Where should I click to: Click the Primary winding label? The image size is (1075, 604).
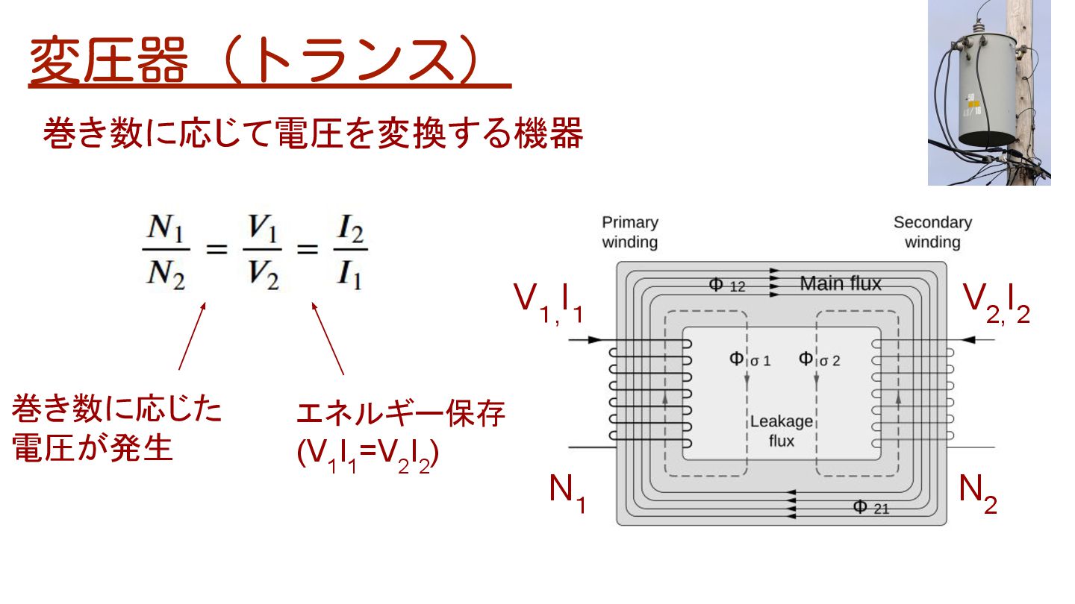click(x=630, y=232)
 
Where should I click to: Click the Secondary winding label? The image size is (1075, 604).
click(x=932, y=232)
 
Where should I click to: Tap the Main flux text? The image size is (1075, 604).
click(x=840, y=283)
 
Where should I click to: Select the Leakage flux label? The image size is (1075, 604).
click(x=781, y=431)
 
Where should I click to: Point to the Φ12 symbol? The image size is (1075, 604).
click(x=726, y=285)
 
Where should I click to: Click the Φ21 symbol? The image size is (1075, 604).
click(x=870, y=508)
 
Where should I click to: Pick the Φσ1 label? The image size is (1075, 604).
click(x=749, y=359)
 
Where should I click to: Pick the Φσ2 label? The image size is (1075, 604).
click(x=819, y=359)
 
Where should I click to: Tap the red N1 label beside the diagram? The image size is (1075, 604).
click(x=567, y=492)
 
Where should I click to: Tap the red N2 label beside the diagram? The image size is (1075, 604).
click(x=978, y=492)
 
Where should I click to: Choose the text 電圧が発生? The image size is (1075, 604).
click(x=93, y=450)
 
